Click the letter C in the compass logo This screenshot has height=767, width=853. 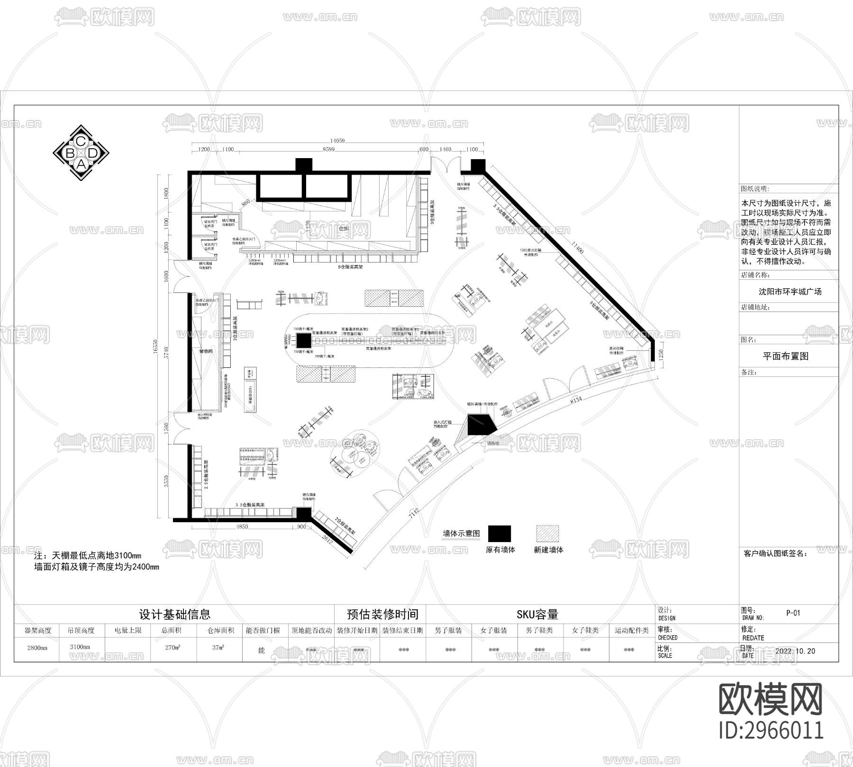coord(81,141)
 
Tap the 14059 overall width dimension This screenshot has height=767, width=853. coord(337,141)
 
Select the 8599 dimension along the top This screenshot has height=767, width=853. coord(328,150)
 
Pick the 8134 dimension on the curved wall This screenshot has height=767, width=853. coord(576,400)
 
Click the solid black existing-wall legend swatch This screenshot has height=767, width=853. coord(499,534)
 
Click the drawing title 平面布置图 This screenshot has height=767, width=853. coord(785,357)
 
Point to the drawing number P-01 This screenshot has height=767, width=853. coord(793,613)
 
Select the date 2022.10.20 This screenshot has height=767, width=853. coord(795,651)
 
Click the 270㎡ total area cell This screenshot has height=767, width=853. coord(172,647)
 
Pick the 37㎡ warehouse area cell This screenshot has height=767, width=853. coord(218,647)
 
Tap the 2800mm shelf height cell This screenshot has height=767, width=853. coord(37,647)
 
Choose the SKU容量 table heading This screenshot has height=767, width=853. coord(537,615)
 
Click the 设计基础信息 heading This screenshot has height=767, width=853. coord(174,615)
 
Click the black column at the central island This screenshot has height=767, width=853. coord(304,340)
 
